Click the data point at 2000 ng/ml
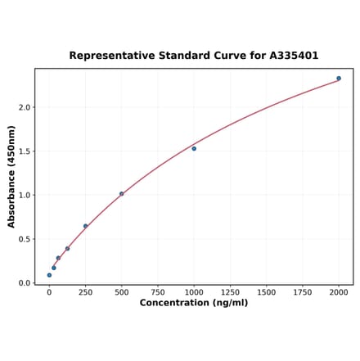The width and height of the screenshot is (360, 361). point(339,79)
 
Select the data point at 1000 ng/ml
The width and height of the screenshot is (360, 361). point(194,148)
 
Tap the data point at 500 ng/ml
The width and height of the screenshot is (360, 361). point(121,194)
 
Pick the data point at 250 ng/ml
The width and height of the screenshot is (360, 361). point(85,226)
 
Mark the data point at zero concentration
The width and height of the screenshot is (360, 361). point(49,275)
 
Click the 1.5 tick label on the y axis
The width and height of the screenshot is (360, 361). point(25,151)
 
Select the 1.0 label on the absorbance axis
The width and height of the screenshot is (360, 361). point(25,196)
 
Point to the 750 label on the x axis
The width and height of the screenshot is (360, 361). point(158,292)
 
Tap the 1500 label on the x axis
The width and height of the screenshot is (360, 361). point(266,292)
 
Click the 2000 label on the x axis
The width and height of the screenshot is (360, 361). point(339,292)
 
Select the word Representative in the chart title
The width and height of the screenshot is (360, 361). point(108,56)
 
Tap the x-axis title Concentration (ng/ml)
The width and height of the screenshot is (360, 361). point(194,303)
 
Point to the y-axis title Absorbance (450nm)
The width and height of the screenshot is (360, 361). point(11,176)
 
